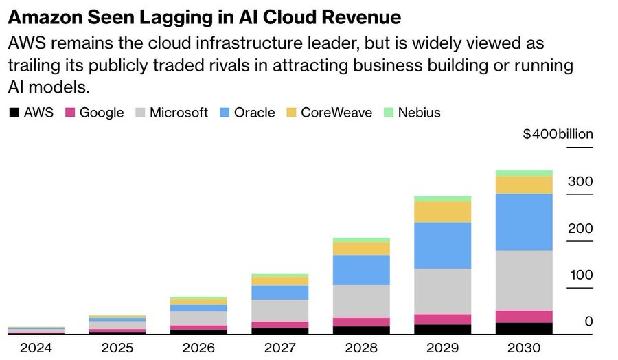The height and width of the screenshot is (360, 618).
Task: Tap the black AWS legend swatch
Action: [14, 113]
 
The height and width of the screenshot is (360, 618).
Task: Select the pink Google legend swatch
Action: [69, 113]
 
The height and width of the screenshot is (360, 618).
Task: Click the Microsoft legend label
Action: [179, 113]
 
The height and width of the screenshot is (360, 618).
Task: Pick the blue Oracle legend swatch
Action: [224, 113]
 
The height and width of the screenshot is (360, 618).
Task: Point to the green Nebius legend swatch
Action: [388, 113]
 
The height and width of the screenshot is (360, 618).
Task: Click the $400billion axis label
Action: [558, 134]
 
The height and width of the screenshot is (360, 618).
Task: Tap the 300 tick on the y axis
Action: [580, 182]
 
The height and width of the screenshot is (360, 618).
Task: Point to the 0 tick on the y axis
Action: [588, 322]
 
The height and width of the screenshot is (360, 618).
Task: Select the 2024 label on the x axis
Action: [36, 347]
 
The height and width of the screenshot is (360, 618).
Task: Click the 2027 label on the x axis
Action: [279, 347]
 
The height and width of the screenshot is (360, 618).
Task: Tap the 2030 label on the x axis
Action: [523, 347]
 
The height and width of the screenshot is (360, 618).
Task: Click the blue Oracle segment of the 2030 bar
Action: [524, 222]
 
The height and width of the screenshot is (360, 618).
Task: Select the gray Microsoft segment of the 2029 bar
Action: [442, 291]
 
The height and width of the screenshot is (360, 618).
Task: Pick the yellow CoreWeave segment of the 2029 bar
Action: [442, 212]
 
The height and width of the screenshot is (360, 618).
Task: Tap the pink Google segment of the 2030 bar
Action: [524, 316]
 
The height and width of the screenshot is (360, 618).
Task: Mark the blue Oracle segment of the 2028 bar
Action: [361, 270]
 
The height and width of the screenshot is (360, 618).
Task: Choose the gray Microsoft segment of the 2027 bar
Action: [279, 311]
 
